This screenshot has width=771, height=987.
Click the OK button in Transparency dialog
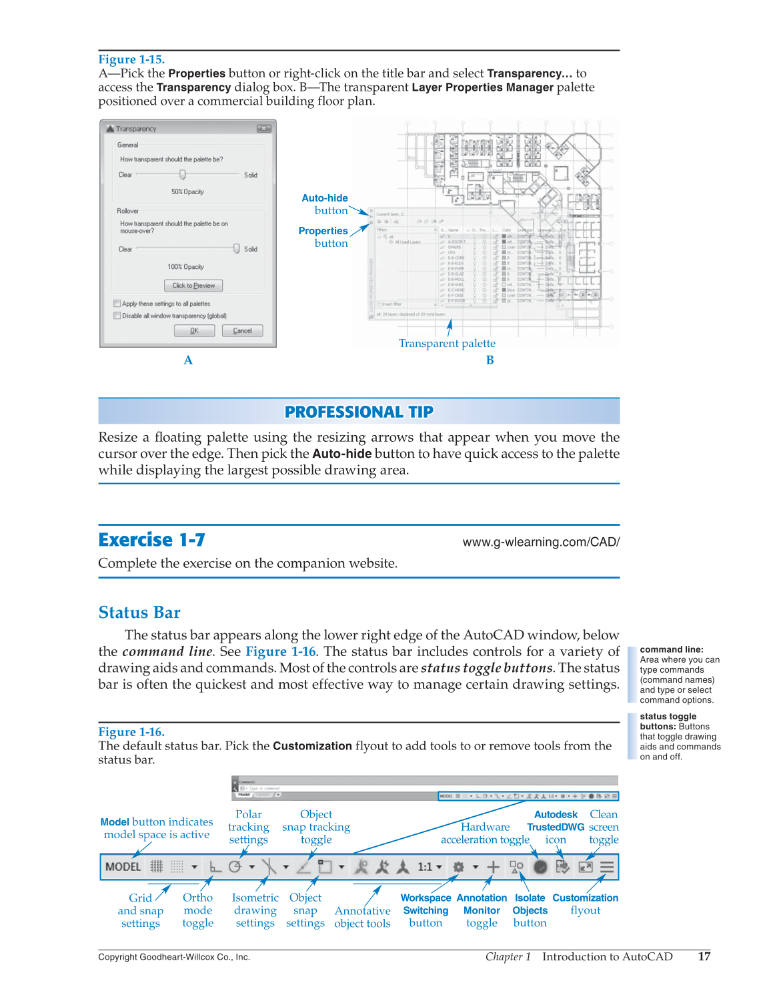(x=194, y=331)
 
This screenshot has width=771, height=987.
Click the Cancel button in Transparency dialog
(x=242, y=331)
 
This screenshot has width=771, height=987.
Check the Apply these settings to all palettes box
(x=117, y=304)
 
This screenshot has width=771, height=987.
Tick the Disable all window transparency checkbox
(x=117, y=316)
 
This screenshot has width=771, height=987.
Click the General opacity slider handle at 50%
(x=182, y=175)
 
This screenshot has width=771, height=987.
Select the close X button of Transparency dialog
(x=264, y=129)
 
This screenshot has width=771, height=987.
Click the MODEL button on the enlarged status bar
(x=123, y=867)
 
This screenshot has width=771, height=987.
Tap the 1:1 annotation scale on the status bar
(x=426, y=867)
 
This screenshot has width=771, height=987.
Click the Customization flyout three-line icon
(x=607, y=867)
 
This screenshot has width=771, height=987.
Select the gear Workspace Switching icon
(x=459, y=867)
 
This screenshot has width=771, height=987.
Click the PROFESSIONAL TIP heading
(x=359, y=412)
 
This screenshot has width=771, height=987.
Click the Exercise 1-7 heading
(x=151, y=539)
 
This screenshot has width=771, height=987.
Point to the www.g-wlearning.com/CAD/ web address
(x=541, y=542)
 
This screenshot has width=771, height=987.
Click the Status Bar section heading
(x=139, y=613)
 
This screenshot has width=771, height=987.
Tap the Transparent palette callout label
(x=447, y=344)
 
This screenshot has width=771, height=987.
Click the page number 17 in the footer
(x=704, y=956)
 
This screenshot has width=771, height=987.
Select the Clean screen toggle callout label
(x=604, y=827)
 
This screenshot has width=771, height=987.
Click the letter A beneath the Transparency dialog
(x=188, y=360)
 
